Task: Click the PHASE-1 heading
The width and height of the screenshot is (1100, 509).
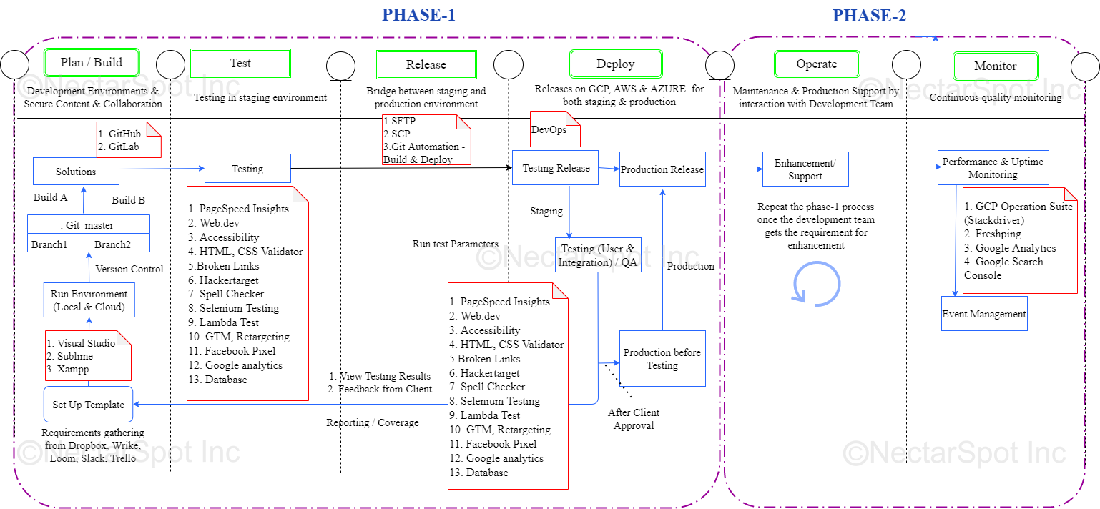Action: click(x=418, y=15)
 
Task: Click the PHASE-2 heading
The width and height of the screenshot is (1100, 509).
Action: click(x=869, y=15)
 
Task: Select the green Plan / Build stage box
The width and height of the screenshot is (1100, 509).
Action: click(x=92, y=62)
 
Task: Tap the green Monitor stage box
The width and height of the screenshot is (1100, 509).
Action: click(x=995, y=66)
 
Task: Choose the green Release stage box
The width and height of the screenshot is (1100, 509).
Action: click(x=426, y=64)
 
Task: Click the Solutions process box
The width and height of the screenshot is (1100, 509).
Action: click(x=76, y=172)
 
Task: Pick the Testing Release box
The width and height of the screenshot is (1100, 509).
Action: click(x=556, y=168)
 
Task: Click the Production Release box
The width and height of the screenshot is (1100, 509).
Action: click(x=662, y=169)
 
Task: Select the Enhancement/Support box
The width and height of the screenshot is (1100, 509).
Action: click(x=805, y=169)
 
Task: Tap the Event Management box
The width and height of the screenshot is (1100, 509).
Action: click(x=984, y=314)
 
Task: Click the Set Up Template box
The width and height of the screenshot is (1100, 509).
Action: click(x=89, y=405)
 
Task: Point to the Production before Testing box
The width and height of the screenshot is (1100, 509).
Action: click(x=662, y=359)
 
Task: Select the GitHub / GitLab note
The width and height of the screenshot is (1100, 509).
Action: click(x=129, y=139)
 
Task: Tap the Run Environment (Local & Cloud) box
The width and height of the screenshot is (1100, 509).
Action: click(x=89, y=300)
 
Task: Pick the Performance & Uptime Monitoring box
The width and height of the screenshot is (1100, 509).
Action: click(x=993, y=168)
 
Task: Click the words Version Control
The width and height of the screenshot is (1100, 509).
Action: click(x=129, y=269)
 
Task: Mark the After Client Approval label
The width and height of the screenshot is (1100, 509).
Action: click(x=634, y=419)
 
